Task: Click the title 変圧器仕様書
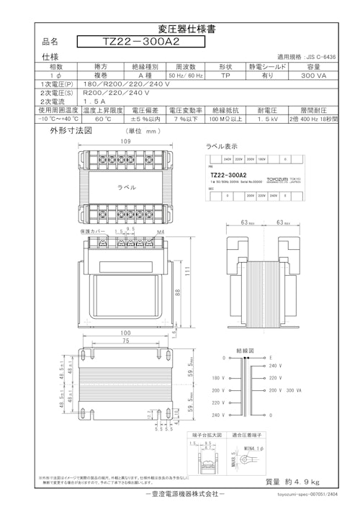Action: [x=180, y=29]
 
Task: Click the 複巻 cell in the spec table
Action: [x=101, y=75]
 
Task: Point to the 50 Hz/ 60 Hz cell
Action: [x=185, y=75]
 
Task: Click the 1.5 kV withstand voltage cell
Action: [x=268, y=120]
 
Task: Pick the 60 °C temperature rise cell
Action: [x=102, y=120]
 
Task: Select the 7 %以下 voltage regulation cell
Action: [x=185, y=120]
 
